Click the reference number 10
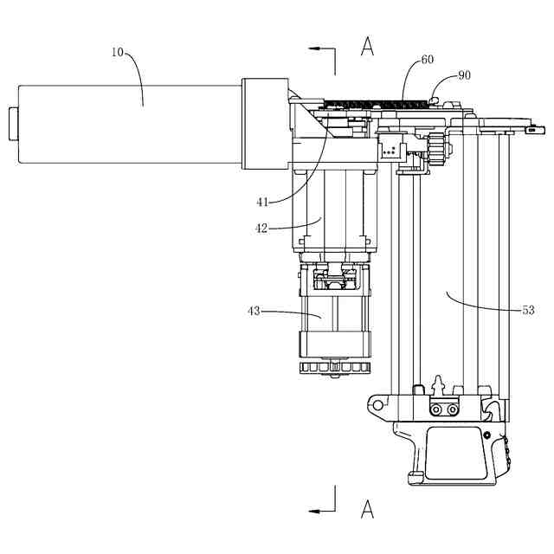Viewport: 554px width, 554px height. point(118,51)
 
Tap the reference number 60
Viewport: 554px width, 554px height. point(428,61)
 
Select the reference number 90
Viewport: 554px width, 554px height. point(464,75)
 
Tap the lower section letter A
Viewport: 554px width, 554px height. point(367,509)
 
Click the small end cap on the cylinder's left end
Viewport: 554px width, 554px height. point(12,125)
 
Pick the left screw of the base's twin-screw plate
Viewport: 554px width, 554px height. point(437,409)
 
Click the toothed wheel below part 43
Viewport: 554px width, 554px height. point(332,370)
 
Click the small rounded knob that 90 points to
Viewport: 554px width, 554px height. point(435,101)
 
